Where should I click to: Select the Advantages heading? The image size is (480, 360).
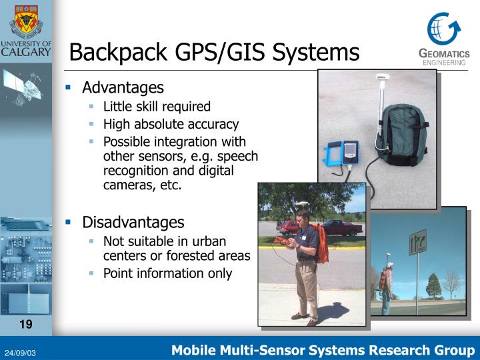123,88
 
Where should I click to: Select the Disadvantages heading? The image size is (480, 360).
133,222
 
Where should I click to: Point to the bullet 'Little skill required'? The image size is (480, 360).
157,107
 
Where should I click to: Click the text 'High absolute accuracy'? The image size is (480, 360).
171,124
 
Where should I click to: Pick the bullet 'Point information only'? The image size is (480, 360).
167,273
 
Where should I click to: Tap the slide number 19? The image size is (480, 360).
26,325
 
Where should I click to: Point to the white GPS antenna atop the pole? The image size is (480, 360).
383,79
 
